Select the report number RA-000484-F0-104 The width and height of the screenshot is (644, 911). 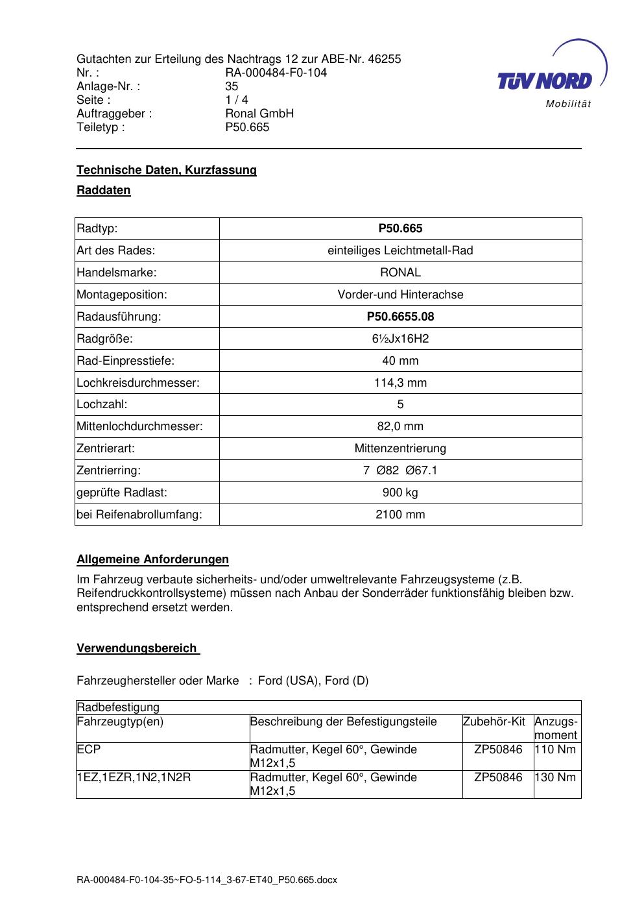click(276, 73)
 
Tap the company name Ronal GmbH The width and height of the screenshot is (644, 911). click(259, 114)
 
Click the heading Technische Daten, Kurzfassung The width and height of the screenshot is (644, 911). click(167, 170)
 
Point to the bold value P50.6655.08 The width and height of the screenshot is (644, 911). click(400, 317)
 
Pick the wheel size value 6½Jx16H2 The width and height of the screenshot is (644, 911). click(400, 339)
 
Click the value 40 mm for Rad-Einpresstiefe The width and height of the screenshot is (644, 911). click(400, 361)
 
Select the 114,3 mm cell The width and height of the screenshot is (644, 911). click(400, 383)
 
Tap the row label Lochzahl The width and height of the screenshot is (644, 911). click(102, 404)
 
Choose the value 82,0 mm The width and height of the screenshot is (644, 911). click(400, 426)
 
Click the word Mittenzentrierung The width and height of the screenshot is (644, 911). click(400, 448)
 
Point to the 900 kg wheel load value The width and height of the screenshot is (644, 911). click(400, 492)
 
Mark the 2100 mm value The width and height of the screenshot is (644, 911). click(400, 515)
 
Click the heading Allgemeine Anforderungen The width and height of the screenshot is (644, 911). click(152, 559)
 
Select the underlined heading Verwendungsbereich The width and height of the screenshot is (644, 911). click(137, 648)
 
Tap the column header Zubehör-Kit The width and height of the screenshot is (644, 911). click(494, 722)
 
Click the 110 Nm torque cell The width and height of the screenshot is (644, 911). click(556, 749)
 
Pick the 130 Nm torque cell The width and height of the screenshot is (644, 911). click(556, 777)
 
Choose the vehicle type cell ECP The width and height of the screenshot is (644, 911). click(89, 749)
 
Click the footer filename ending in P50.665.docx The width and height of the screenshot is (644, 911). click(207, 881)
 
